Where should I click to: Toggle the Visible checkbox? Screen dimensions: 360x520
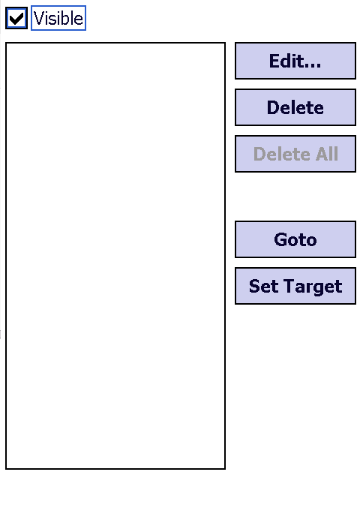tap(16, 18)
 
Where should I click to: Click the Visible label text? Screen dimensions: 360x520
tap(58, 18)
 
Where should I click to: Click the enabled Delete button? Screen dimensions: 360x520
tap(295, 107)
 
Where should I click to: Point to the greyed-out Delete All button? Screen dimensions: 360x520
tap(295, 154)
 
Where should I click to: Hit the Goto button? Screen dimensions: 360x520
tap(295, 239)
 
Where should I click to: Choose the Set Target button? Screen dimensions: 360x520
tap(295, 286)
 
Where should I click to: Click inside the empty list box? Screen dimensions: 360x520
tap(115, 256)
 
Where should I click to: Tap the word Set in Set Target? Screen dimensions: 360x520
tap(263, 286)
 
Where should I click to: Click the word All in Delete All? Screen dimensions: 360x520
tap(326, 154)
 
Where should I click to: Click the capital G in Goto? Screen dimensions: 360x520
tap(280, 239)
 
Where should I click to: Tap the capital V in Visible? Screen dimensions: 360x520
tap(38, 18)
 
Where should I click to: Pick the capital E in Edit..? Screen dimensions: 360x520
tap(274, 61)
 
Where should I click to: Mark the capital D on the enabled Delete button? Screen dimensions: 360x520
tap(273, 107)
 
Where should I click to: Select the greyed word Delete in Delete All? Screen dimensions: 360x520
tap(282, 154)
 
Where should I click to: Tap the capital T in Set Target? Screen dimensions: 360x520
tap(289, 286)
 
